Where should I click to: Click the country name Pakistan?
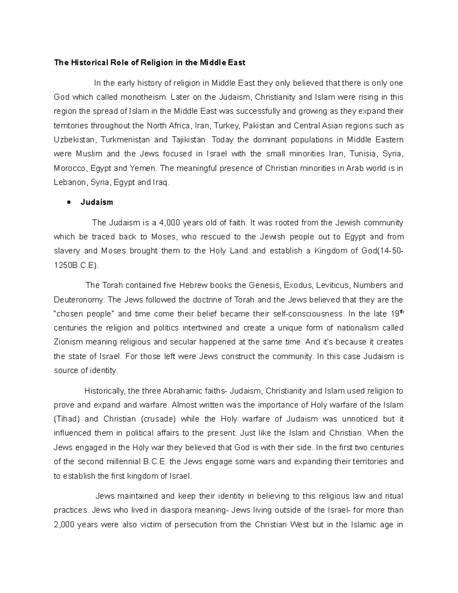point(258,126)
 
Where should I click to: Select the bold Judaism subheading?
point(97,202)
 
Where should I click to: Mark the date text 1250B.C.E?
point(75,265)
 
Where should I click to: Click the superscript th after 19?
point(401,312)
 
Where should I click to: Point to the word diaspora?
point(176,510)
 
